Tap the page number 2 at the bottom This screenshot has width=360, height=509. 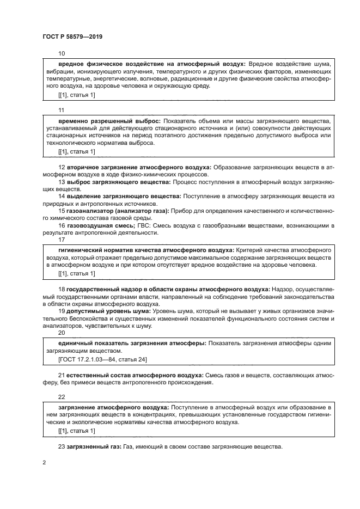[44, 462]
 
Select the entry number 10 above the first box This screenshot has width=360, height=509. [62, 53]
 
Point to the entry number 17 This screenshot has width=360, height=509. [62, 240]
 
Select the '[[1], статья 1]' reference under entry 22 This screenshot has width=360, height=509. [76, 431]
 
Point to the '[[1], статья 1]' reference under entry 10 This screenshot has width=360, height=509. [76, 95]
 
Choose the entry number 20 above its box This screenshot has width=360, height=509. [62, 333]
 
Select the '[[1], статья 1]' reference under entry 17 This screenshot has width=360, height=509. [76, 273]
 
